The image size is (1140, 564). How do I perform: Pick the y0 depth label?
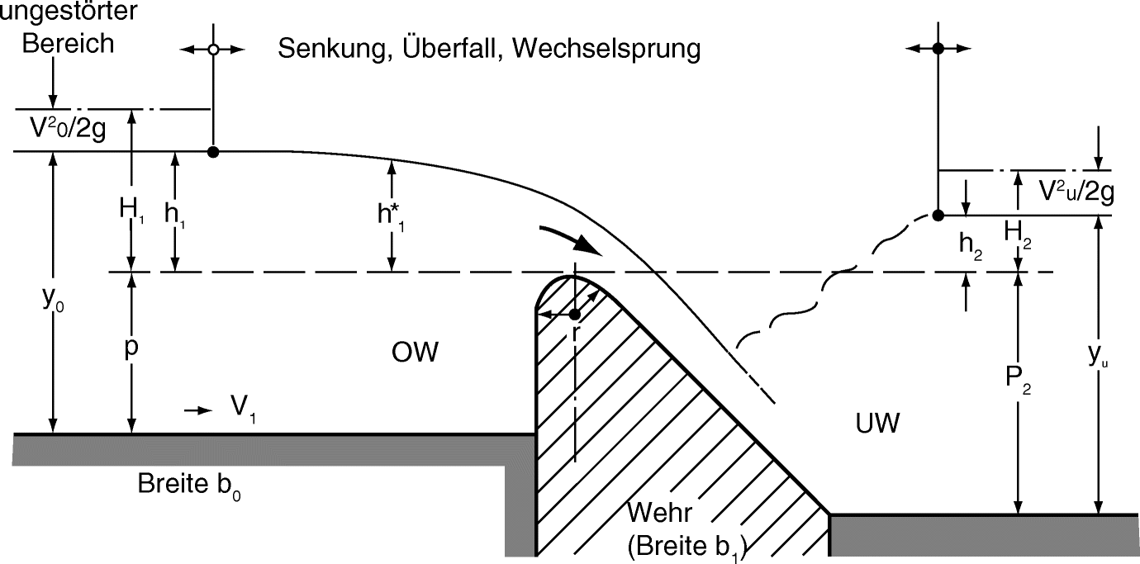point(53,302)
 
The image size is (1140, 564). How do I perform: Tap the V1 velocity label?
point(242,408)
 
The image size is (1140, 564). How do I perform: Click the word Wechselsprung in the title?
point(606,49)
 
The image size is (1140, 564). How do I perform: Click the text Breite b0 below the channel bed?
point(189,483)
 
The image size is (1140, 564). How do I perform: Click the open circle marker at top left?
point(213,50)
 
